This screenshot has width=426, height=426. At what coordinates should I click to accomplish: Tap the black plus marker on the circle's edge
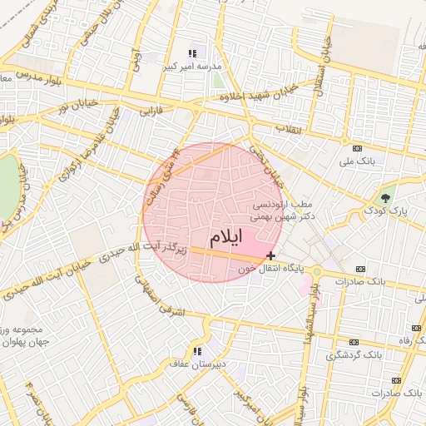271,255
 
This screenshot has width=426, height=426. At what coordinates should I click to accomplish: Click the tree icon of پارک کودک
384,198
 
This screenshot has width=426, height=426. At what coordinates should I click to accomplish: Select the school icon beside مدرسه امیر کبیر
193,53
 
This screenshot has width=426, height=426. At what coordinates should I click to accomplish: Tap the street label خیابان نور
74,106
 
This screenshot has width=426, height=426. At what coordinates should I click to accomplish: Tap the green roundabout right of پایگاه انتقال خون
317,272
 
